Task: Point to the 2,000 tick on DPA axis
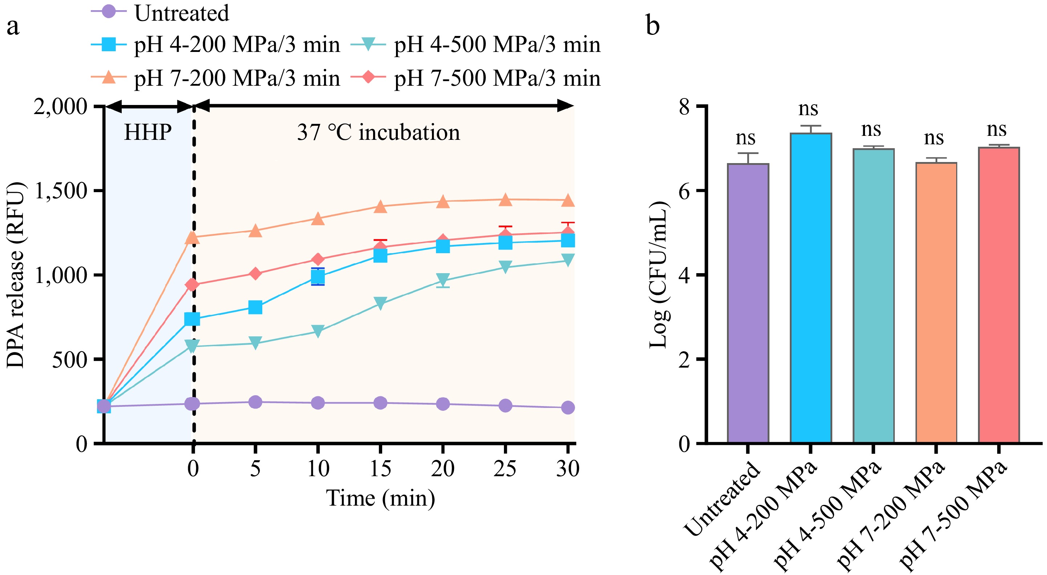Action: coord(60,107)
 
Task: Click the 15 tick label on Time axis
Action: coord(380,469)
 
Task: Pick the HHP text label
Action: coord(147,132)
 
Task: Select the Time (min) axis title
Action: coord(380,498)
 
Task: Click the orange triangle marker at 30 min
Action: coord(568,200)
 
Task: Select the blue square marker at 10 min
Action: coord(318,277)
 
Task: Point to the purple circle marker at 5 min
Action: coord(255,402)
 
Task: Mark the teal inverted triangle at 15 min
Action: coord(380,303)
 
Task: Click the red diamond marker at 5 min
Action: coord(255,274)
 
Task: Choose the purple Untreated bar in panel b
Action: coord(748,303)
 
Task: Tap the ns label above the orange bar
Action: coord(934,138)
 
